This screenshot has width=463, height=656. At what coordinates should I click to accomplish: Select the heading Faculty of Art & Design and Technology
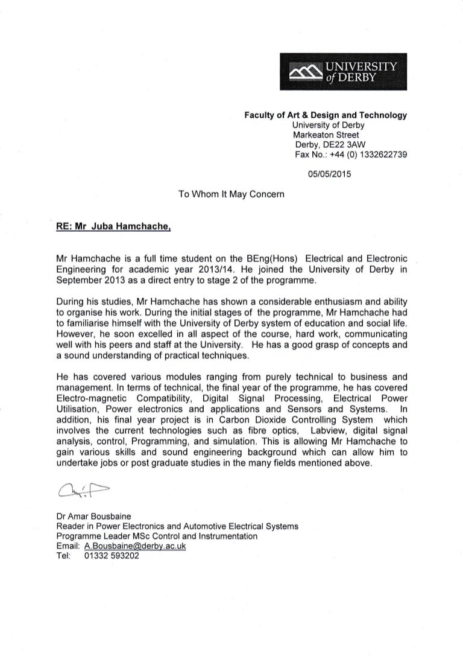tap(325, 115)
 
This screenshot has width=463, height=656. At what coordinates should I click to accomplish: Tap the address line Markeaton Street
tap(326, 135)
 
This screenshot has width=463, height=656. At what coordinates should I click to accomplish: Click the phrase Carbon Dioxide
tap(247, 419)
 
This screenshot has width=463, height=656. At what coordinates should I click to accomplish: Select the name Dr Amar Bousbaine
tap(95, 517)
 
